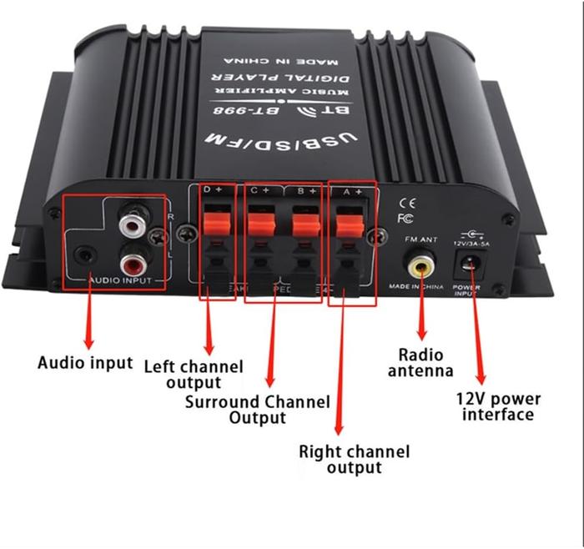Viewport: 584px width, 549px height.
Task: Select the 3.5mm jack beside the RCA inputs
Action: [86, 256]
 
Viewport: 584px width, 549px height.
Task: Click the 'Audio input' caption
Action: [85, 363]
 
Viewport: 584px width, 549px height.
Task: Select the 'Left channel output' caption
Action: [194, 374]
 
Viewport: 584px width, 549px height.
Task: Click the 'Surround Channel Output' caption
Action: [258, 410]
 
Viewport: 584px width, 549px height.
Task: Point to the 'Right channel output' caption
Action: [355, 460]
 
